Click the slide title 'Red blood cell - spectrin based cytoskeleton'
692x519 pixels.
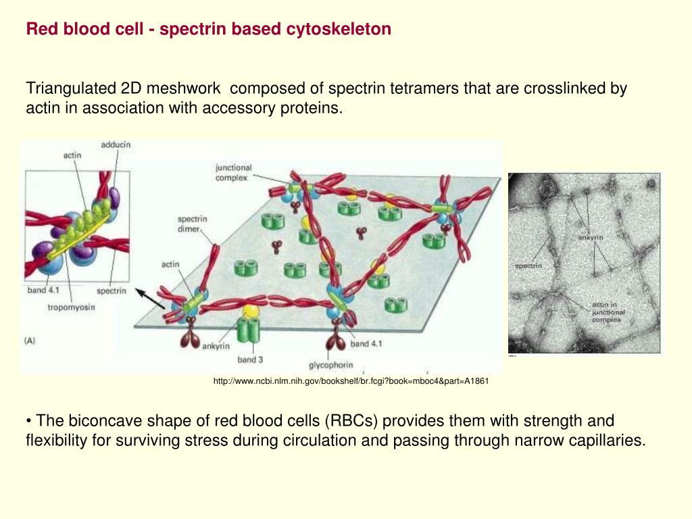pyautogui.click(x=208, y=29)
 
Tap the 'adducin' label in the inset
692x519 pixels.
pyautogui.click(x=116, y=144)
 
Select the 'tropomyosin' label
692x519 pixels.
pyautogui.click(x=71, y=307)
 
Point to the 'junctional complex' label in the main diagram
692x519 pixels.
pyautogui.click(x=233, y=172)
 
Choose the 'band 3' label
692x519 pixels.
pyautogui.click(x=250, y=360)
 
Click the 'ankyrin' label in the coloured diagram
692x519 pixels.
pyautogui.click(x=216, y=346)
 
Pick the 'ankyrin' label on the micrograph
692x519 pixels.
pyautogui.click(x=590, y=237)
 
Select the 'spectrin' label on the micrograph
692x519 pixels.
pyautogui.click(x=528, y=266)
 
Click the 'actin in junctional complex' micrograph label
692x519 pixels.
pyautogui.click(x=608, y=312)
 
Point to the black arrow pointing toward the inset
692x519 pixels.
pyautogui.click(x=150, y=297)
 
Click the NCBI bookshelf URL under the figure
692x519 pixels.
pyautogui.click(x=351, y=382)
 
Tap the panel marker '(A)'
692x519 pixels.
pyautogui.click(x=30, y=341)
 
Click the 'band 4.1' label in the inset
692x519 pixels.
pyautogui.click(x=45, y=291)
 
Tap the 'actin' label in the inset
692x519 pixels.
pyautogui.click(x=72, y=155)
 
